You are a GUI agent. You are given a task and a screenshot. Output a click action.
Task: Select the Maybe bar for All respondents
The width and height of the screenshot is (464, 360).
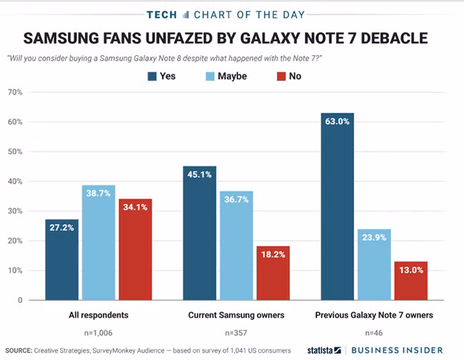[99, 243]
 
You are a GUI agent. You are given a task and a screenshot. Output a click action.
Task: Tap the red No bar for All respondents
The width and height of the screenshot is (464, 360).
[135, 249]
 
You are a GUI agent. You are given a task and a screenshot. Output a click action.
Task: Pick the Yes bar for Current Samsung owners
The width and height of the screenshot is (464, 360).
[200, 233]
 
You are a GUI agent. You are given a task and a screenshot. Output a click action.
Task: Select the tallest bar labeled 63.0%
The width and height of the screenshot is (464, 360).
[337, 206]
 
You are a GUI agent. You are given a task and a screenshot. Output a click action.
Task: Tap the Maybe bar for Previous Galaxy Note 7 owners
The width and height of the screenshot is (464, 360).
[373, 264]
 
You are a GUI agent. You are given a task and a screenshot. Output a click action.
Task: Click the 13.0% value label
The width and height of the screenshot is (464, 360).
[410, 270]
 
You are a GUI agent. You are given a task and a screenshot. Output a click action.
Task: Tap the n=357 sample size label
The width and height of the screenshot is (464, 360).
[236, 332]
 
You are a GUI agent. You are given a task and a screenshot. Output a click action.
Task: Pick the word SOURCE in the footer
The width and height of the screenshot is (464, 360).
[17, 351]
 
